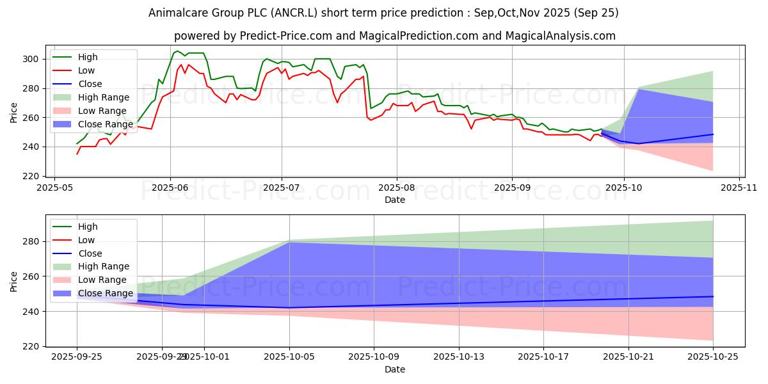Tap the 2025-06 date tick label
pyautogui.click(x=170, y=188)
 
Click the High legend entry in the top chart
pyautogui.click(x=87, y=58)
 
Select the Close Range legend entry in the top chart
pyautogui.click(x=105, y=124)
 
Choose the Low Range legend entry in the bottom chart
pyautogui.click(x=102, y=280)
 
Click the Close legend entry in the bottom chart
pyautogui.click(x=88, y=253)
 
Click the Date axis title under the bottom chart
pyautogui.click(x=394, y=369)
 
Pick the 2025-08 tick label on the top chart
pyautogui.click(x=396, y=188)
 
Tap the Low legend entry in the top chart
pyautogui.click(x=86, y=70)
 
